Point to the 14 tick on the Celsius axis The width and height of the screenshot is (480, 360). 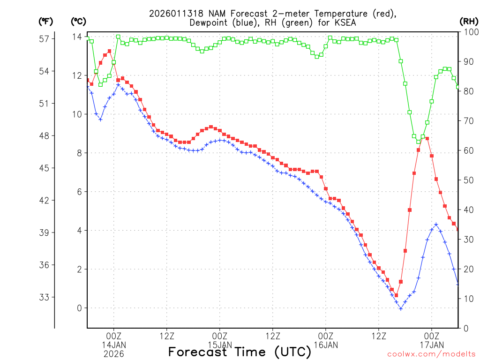(77, 37)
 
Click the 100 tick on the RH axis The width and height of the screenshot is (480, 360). (467, 31)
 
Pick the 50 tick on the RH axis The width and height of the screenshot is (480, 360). (467, 180)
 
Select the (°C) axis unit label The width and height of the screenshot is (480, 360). (78, 21)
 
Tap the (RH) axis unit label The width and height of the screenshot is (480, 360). (468, 21)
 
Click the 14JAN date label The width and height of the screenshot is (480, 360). (113, 345)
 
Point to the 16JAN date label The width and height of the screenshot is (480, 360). (326, 345)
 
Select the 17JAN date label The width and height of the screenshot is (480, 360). (432, 345)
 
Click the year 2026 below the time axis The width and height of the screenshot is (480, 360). (113, 354)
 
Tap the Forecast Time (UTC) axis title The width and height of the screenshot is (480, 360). (240, 352)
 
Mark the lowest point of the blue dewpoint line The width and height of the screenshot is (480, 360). (401, 308)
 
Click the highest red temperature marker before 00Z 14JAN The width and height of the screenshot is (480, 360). (109, 51)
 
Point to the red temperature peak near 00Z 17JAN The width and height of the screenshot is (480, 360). (427, 139)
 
